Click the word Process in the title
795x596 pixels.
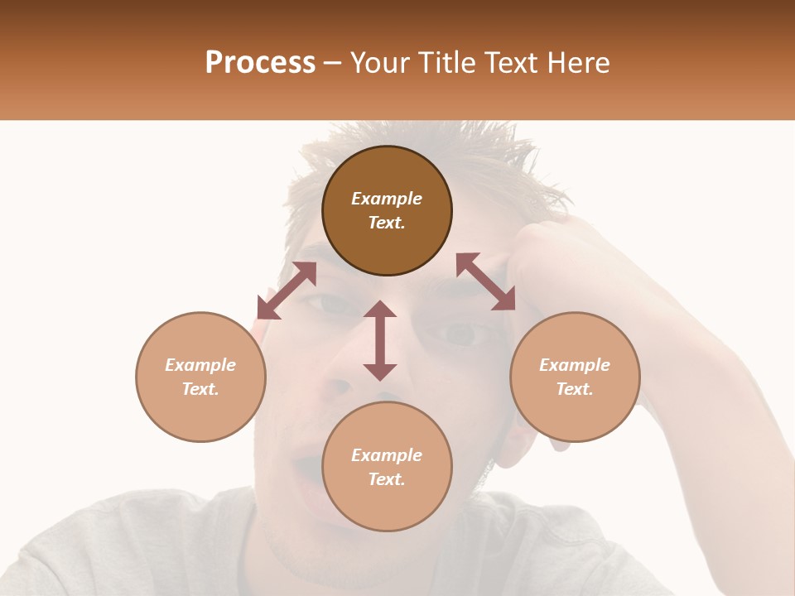(x=260, y=63)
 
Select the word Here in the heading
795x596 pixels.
(x=580, y=63)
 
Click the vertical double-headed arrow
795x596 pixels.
(x=380, y=340)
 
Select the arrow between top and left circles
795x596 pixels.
(x=287, y=291)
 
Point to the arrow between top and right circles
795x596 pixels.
(x=486, y=281)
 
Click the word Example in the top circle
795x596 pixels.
(x=387, y=199)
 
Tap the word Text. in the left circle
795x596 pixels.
(x=200, y=389)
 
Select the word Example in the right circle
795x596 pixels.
(x=575, y=365)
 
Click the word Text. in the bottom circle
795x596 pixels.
(x=387, y=479)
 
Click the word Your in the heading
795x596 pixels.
(x=378, y=63)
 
